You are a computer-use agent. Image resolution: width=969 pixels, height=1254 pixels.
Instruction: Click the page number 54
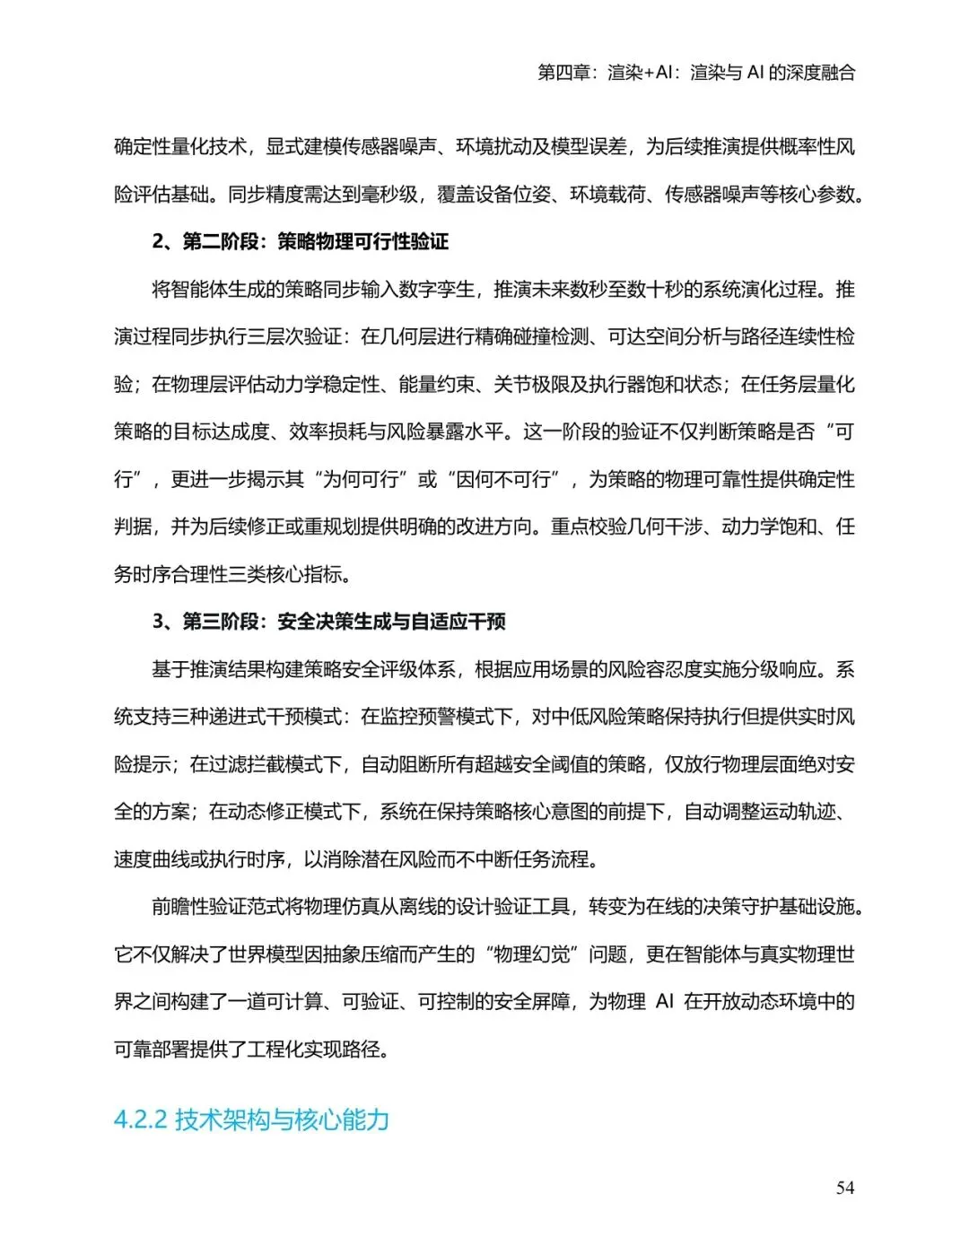coord(844,1188)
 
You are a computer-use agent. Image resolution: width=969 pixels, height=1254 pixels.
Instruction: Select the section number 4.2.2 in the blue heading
coord(141,1120)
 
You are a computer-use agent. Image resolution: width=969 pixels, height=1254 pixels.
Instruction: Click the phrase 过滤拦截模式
coord(275,764)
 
